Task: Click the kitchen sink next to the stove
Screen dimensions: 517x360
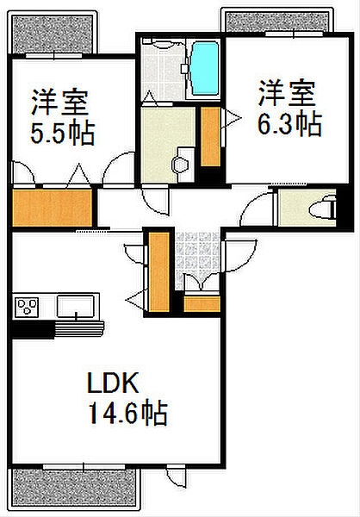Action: pos(78,306)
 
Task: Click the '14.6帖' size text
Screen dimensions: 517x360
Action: pos(127,414)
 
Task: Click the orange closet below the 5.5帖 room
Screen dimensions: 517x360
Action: pos(52,208)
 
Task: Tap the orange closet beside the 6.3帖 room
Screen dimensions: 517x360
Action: pos(209,136)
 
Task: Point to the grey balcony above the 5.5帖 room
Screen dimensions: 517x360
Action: pos(51,32)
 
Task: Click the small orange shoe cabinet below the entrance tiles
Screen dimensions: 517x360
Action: pos(202,303)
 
